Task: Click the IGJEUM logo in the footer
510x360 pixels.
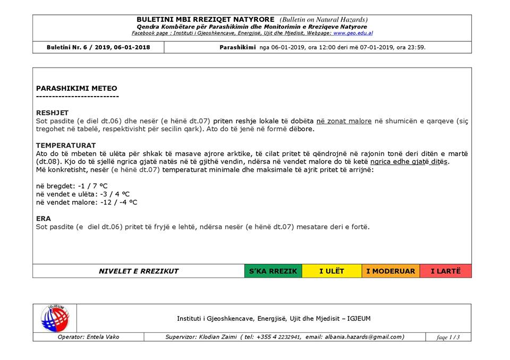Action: pyautogui.click(x=55, y=318)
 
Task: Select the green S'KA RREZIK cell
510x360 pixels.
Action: pyautogui.click(x=273, y=271)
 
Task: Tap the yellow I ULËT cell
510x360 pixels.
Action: pyautogui.click(x=331, y=271)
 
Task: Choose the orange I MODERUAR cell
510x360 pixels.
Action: pyautogui.click(x=390, y=271)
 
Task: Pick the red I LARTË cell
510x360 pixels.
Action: pyautogui.click(x=445, y=271)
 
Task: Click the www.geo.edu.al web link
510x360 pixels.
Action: pyautogui.click(x=353, y=33)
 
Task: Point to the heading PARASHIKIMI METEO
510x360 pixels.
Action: pyautogui.click(x=76, y=88)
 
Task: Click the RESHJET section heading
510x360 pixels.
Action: pyautogui.click(x=52, y=113)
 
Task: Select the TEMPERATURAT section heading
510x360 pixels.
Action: pyautogui.click(x=66, y=145)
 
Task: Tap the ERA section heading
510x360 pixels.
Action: pyautogui.click(x=44, y=218)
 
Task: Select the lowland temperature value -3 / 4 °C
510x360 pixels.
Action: pyautogui.click(x=108, y=194)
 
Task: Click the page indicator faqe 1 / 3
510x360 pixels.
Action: pyautogui.click(x=448, y=337)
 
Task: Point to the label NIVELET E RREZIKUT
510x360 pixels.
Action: pyautogui.click(x=139, y=271)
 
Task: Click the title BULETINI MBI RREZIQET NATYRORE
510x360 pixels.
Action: pyautogui.click(x=207, y=20)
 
